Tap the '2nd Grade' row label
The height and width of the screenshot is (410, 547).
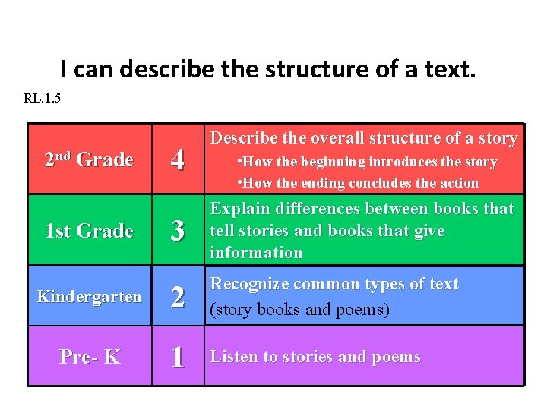click(x=89, y=159)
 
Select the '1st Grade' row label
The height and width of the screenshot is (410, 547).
click(x=89, y=230)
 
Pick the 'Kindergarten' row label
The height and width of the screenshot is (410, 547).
click(x=89, y=295)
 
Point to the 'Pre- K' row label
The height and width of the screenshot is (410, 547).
click(x=89, y=356)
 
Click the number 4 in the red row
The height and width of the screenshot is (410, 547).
click(x=178, y=160)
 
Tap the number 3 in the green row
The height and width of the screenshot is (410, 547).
click(x=178, y=231)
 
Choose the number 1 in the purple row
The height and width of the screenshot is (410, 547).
click(x=178, y=357)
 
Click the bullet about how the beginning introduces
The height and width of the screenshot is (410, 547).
click(x=367, y=162)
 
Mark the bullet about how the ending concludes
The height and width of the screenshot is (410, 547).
click(x=358, y=183)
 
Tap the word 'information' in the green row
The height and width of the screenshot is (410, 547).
click(x=256, y=252)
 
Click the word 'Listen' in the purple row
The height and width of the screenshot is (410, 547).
click(x=233, y=357)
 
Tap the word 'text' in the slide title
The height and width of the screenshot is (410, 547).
click(x=451, y=70)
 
